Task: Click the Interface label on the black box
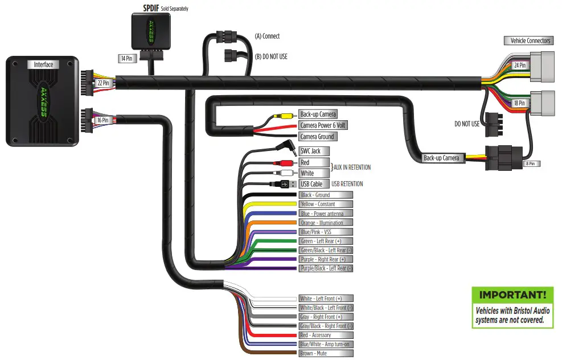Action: click(43, 65)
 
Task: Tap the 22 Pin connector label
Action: click(104, 83)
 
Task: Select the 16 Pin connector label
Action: click(104, 120)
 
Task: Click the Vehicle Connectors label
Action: click(530, 40)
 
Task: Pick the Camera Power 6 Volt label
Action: click(323, 125)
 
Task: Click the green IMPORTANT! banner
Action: click(512, 295)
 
